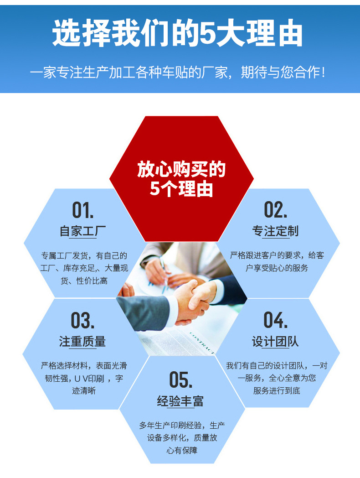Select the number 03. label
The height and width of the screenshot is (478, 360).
click(x=82, y=321)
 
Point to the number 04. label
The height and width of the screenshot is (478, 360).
click(x=276, y=320)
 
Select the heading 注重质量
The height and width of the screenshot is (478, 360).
click(x=82, y=341)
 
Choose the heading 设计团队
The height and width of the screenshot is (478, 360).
click(x=276, y=341)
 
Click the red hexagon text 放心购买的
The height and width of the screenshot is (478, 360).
click(x=181, y=170)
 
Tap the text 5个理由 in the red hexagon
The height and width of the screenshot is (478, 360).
click(x=181, y=188)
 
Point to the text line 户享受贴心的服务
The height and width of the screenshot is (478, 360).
click(x=277, y=268)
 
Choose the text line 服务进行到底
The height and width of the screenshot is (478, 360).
click(x=277, y=391)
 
